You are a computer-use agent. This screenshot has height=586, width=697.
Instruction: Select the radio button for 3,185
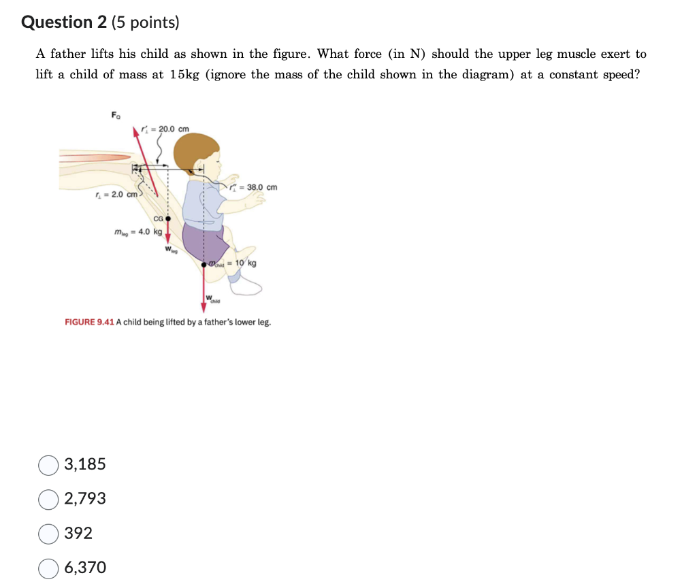click(x=48, y=465)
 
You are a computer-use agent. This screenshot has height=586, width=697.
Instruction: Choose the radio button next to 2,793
click(x=48, y=499)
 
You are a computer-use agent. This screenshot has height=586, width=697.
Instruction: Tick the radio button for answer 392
click(x=48, y=534)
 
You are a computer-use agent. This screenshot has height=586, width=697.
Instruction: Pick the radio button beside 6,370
click(x=48, y=568)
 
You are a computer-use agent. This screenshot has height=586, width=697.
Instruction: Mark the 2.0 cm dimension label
click(x=117, y=195)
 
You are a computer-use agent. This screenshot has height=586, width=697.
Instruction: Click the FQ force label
click(x=116, y=114)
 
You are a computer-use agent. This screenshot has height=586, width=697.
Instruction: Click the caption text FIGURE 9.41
click(x=88, y=322)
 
